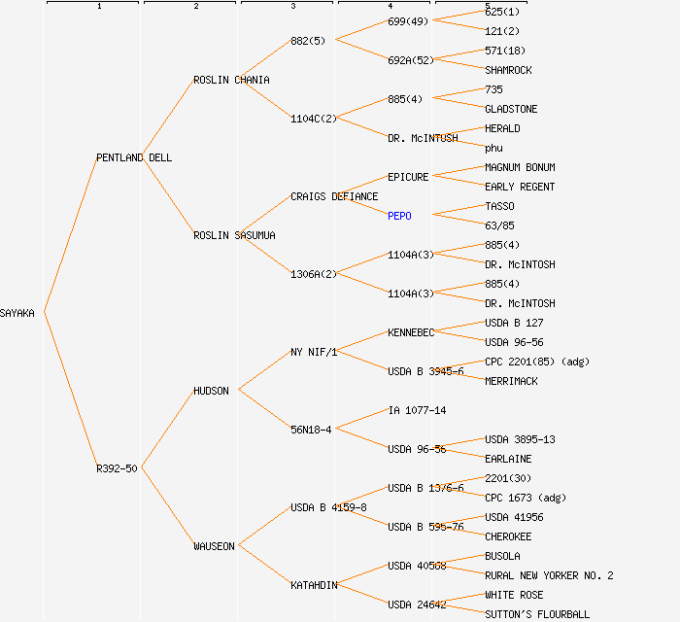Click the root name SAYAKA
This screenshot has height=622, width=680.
point(17,313)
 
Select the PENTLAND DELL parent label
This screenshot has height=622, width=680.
point(134,157)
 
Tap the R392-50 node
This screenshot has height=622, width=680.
point(117,468)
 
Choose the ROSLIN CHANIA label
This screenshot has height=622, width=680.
point(231,80)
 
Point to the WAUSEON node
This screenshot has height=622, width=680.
point(214,546)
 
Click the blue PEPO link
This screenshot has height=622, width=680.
point(399,216)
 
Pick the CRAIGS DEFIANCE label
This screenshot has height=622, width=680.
point(334,196)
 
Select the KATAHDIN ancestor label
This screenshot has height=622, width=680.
point(314,585)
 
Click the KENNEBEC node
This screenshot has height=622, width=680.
point(411,332)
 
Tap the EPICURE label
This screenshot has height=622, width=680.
point(408,177)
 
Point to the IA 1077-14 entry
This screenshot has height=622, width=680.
point(417,410)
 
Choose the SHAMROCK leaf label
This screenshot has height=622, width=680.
point(508,70)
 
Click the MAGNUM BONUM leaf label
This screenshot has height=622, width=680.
point(520,167)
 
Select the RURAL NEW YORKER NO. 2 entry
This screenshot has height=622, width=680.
point(549,575)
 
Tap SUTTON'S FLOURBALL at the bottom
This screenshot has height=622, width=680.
point(536,614)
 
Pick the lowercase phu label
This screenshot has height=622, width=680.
point(493,148)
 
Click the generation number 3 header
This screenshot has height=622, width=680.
point(292,7)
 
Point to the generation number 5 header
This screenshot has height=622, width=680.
point(487,7)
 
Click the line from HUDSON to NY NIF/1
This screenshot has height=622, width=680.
point(264,370)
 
